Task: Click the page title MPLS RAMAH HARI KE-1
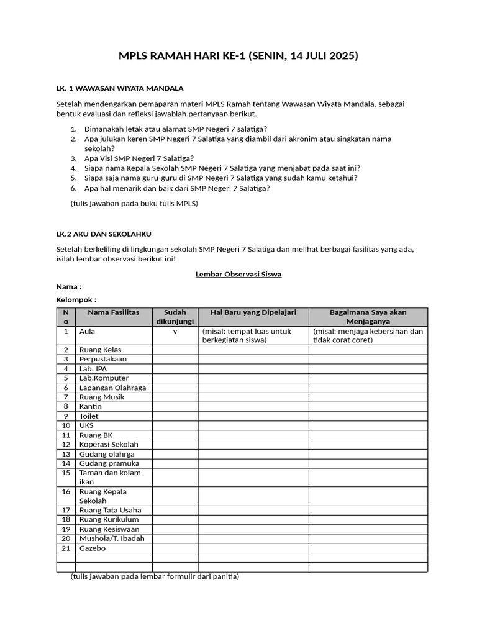pyautogui.click(x=238, y=57)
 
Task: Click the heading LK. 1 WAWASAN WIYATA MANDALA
pyautogui.click(x=119, y=88)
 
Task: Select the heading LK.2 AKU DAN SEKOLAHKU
pyautogui.click(x=104, y=234)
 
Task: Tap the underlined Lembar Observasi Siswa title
pyautogui.click(x=238, y=274)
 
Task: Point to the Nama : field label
pyautogui.click(x=69, y=286)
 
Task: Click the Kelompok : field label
pyautogui.click(x=76, y=299)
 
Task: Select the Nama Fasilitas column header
pyautogui.click(x=114, y=312)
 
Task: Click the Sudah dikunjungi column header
pyautogui.click(x=175, y=317)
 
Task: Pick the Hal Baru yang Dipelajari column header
pyautogui.click(x=253, y=312)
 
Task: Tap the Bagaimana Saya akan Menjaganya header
pyautogui.click(x=368, y=317)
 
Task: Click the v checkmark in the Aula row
pyautogui.click(x=175, y=332)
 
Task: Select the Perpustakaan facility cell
pyautogui.click(x=103, y=359)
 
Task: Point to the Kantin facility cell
pyautogui.click(x=91, y=406)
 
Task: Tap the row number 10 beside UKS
pyautogui.click(x=66, y=425)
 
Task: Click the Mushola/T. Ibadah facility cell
pyautogui.click(x=112, y=538)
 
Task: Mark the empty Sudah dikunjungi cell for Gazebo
pyautogui.click(x=175, y=548)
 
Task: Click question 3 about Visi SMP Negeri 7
pyautogui.click(x=139, y=158)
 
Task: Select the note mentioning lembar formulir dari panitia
pyautogui.click(x=155, y=576)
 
